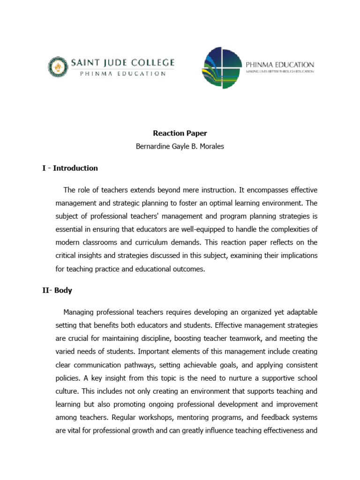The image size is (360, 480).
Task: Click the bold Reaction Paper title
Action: point(180,133)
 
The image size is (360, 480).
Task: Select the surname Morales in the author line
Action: point(212,146)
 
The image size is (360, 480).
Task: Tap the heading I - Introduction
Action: point(70,168)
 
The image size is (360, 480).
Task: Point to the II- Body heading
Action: point(57,290)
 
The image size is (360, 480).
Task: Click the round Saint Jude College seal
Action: point(58,66)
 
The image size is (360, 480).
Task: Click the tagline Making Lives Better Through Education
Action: point(280,71)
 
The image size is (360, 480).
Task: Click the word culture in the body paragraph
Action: point(68,390)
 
